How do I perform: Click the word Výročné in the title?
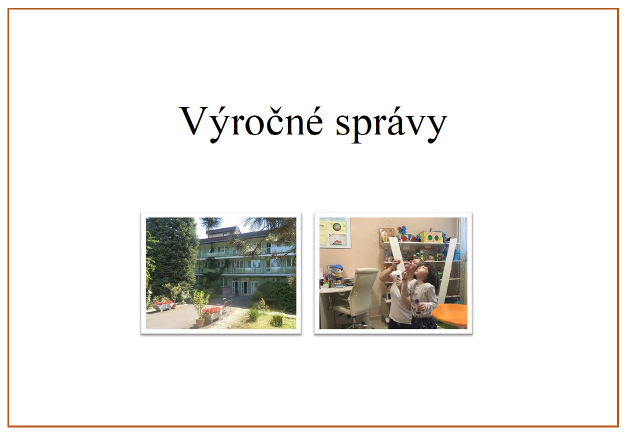click(251, 124)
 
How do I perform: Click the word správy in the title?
click(391, 125)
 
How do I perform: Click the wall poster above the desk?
click(335, 232)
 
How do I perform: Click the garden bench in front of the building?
click(226, 306)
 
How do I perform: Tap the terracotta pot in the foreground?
click(200, 322)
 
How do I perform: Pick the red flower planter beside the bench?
click(211, 314)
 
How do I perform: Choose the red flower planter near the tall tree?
click(163, 306)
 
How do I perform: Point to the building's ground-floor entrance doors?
click(240, 287)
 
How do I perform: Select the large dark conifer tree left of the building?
click(171, 256)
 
